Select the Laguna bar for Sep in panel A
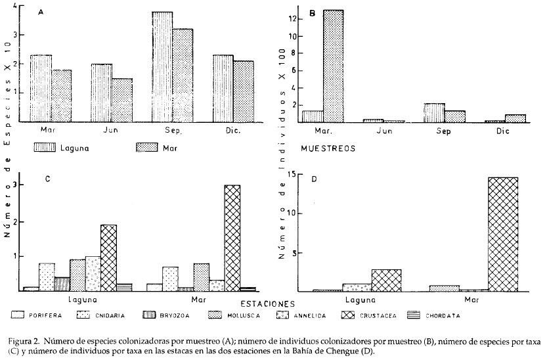tap(162, 67)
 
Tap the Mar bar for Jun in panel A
tap(121, 100)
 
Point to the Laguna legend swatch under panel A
tap(41, 146)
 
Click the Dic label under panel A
tap(234, 129)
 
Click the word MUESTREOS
tap(327, 148)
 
